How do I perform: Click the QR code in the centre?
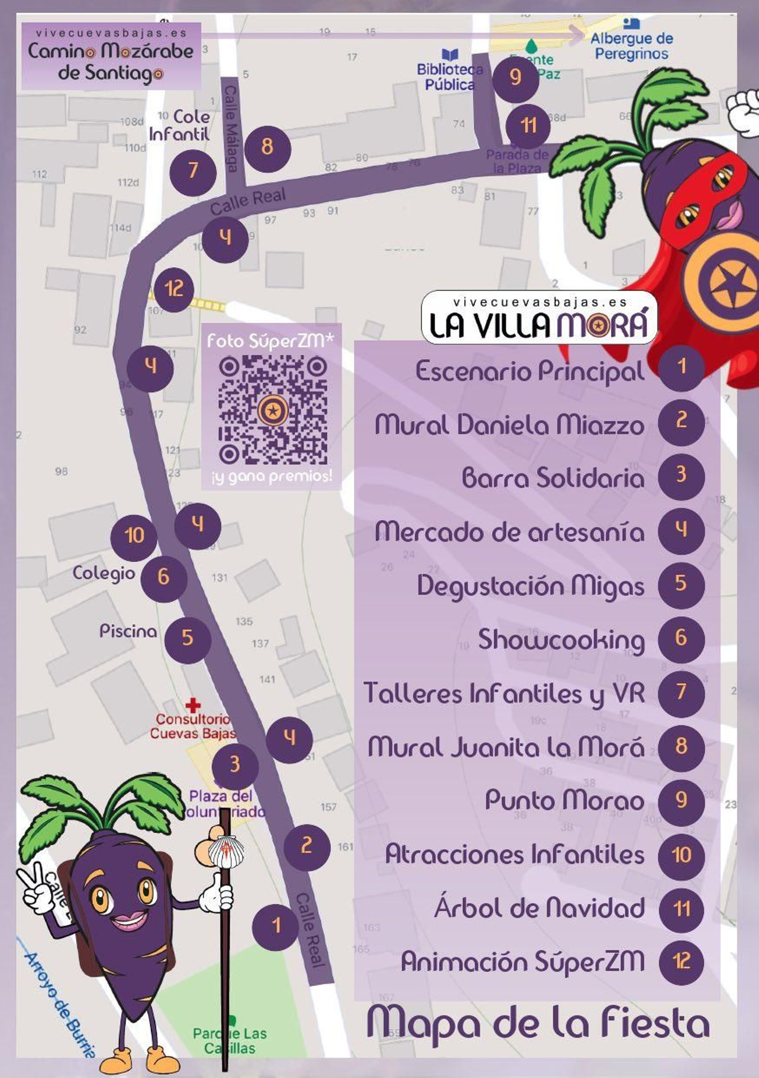coord(272,410)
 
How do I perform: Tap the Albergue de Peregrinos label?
coord(631,46)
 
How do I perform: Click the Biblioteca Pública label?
coord(449,77)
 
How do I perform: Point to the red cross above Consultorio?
coord(193,706)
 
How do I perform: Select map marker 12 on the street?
coord(174,288)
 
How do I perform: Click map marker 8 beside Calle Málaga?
coord(267,147)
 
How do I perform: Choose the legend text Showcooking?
coord(561,639)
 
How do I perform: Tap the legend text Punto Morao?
coord(564,801)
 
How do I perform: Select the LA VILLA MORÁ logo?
coord(539,318)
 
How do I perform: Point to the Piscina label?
coord(128,632)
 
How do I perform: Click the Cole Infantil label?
coord(180,126)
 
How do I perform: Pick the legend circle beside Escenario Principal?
coord(681,367)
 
